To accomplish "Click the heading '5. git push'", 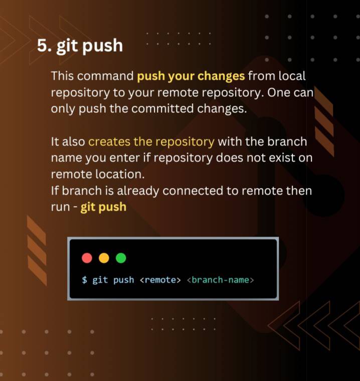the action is [x=80, y=46].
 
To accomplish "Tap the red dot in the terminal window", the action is [x=87, y=258].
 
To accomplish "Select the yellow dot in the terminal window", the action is [x=104, y=258].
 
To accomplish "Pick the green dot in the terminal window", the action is [x=121, y=258].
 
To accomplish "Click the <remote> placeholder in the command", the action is [x=160, y=280].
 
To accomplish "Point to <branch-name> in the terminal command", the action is [x=220, y=280].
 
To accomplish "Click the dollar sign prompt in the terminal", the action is [x=84, y=280].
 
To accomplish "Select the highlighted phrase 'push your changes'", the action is [x=191, y=77].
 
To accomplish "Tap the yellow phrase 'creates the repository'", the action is [x=151, y=141].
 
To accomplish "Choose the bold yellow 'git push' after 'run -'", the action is [x=103, y=207].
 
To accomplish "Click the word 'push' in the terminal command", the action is [x=123, y=280].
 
